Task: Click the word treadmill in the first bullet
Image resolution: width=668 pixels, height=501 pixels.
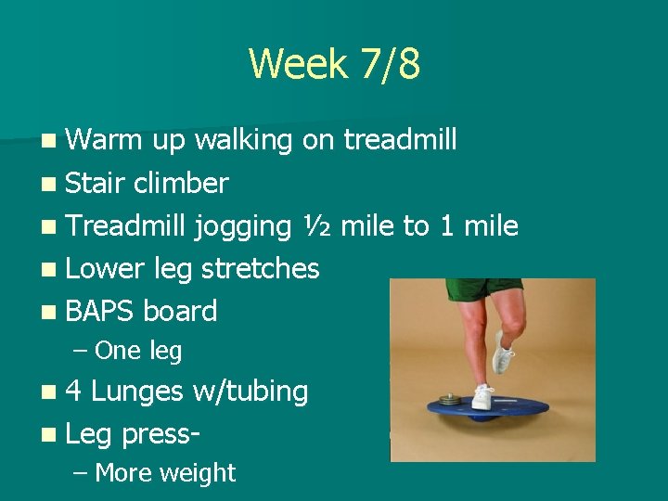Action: point(400,140)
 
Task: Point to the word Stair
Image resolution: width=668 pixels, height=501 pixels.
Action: point(96,183)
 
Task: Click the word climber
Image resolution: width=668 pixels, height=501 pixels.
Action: point(180,183)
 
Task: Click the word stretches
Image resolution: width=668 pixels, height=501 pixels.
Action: point(260,269)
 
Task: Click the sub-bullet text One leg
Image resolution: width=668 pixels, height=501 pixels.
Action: point(138,351)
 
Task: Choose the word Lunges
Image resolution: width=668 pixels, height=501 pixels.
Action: point(137,392)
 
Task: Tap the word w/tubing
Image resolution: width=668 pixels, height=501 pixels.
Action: point(250,392)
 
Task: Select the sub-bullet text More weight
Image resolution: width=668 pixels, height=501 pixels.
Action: point(165,473)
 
